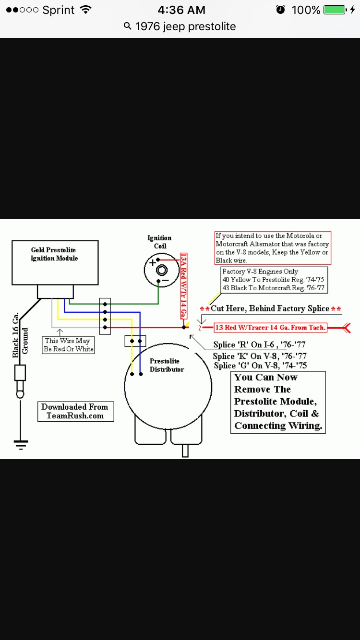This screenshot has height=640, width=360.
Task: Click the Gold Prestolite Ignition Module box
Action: (x=55, y=262)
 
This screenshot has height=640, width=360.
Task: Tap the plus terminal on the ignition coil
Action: (x=153, y=262)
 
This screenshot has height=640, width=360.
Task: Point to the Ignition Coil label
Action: (x=159, y=242)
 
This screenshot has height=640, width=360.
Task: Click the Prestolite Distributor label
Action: (x=166, y=365)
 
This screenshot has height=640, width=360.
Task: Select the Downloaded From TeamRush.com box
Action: (x=75, y=411)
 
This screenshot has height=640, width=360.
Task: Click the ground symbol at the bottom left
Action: (x=20, y=444)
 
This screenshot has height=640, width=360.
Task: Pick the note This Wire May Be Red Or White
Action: (x=68, y=345)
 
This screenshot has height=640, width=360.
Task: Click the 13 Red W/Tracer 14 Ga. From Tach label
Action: (x=270, y=328)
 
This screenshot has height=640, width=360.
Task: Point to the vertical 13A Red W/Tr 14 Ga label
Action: (x=183, y=285)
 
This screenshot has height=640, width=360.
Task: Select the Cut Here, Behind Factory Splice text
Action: (x=270, y=308)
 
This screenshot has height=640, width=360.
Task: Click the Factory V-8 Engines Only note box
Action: (x=273, y=280)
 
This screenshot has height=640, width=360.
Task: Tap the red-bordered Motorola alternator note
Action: (x=272, y=248)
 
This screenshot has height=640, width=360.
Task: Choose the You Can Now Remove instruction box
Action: (x=278, y=402)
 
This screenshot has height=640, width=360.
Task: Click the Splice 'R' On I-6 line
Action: (x=259, y=344)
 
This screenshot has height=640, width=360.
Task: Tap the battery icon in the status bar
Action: (x=335, y=10)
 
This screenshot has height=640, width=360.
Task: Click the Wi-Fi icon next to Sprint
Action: (x=86, y=10)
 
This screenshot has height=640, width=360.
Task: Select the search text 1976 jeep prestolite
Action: (x=185, y=26)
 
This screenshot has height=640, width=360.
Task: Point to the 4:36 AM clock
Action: (x=181, y=10)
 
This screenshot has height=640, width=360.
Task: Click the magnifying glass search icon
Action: (x=128, y=26)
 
